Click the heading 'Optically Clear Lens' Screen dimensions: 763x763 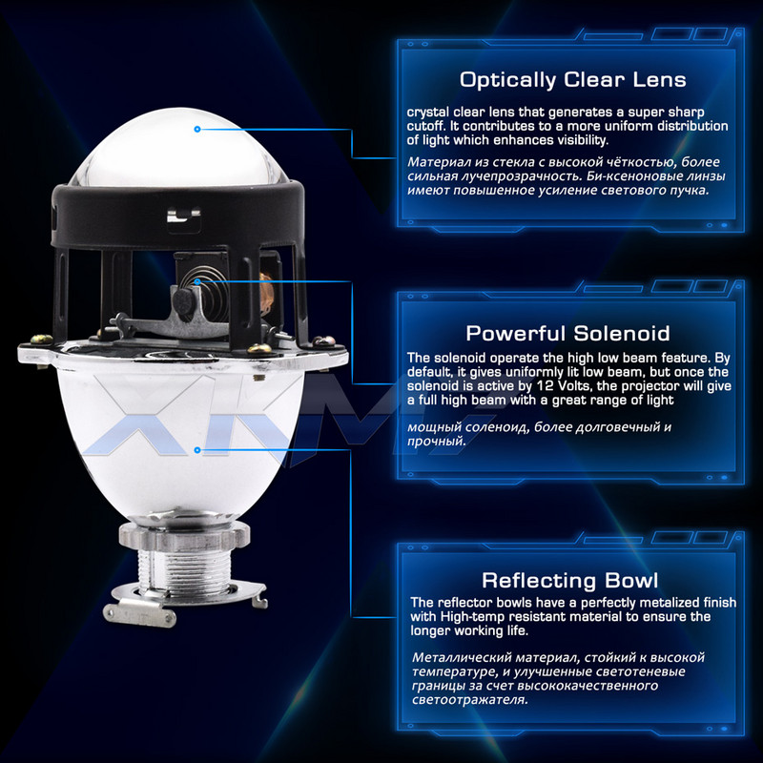pyautogui.click(x=573, y=80)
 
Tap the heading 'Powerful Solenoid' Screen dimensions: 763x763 pyautogui.click(x=567, y=334)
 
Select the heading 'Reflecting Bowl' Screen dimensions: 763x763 pyautogui.click(x=569, y=581)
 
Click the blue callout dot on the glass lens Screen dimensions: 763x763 pyautogui.click(x=197, y=130)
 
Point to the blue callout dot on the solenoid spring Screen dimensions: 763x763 pyautogui.click(x=197, y=281)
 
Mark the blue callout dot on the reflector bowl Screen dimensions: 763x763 pyautogui.click(x=197, y=450)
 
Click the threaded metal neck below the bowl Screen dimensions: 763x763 pyautogui.click(x=184, y=568)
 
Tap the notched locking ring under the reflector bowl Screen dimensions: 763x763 pyautogui.click(x=184, y=534)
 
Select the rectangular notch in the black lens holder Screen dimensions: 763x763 pyautogui.click(x=183, y=216)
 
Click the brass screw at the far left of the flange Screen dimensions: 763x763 pyautogui.click(x=42, y=340)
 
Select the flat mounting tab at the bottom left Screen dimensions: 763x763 pyautogui.click(x=139, y=614)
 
